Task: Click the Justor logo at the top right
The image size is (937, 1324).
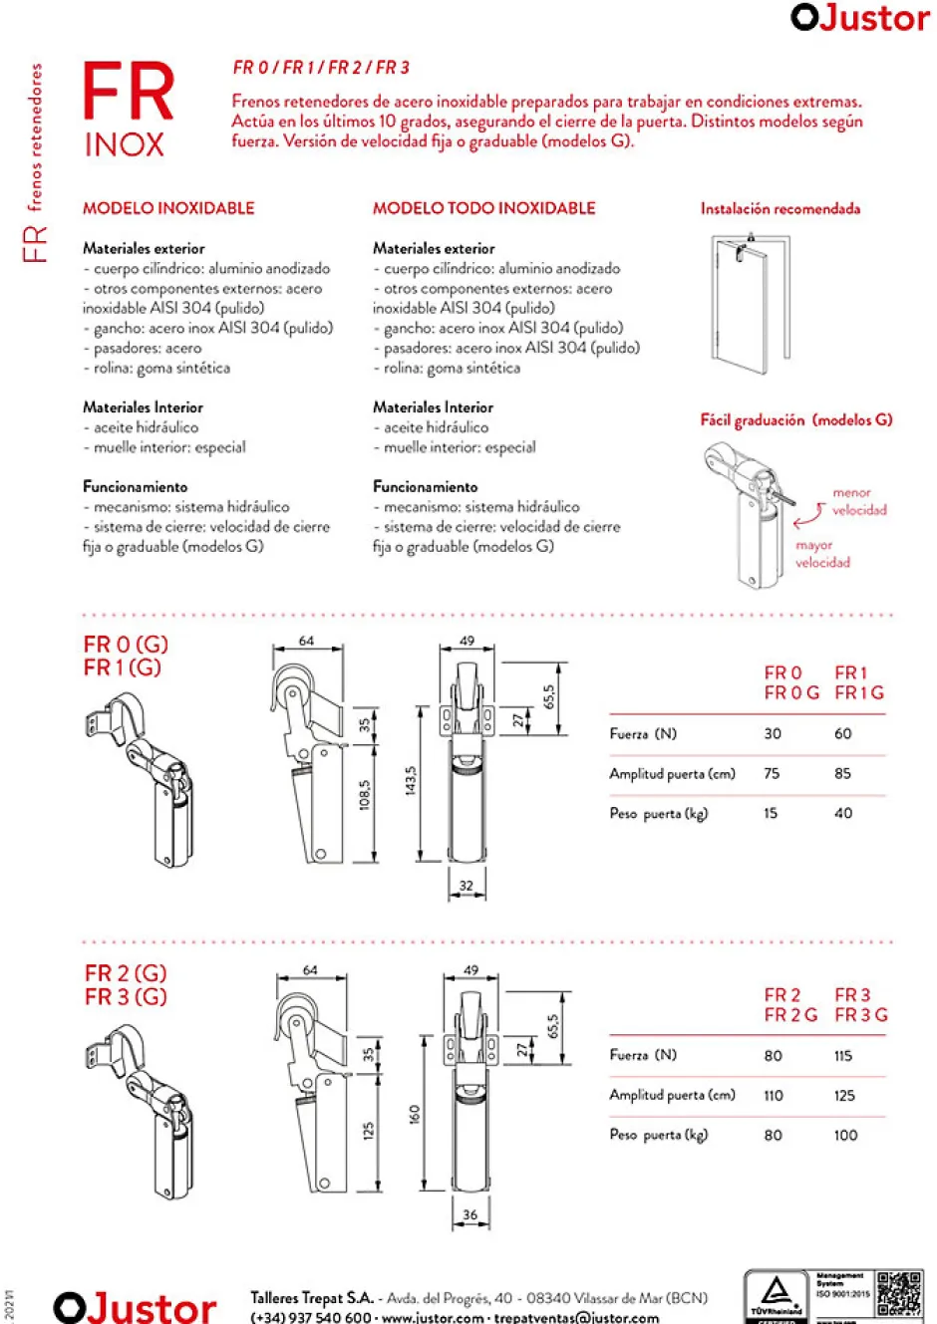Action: [x=859, y=18]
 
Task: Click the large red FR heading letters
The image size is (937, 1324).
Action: [x=128, y=92]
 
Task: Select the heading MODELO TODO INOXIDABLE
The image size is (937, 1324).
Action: [x=483, y=208]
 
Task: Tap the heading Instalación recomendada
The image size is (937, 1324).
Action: [x=780, y=208]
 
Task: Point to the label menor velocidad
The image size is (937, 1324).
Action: [x=858, y=501]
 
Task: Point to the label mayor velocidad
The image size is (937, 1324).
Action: [x=822, y=554]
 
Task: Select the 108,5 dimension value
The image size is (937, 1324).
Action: [x=365, y=794]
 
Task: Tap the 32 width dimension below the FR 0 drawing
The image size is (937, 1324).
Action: [x=467, y=885]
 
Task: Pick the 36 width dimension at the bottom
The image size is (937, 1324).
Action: [x=470, y=1214]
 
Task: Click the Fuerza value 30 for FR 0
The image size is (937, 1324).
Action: [x=773, y=734]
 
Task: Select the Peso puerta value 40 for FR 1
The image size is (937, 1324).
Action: [x=843, y=814]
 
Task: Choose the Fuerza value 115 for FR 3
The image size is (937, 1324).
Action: [x=843, y=1056]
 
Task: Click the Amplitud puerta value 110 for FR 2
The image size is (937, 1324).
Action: [x=774, y=1096]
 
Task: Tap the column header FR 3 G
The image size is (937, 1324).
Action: [x=860, y=1015]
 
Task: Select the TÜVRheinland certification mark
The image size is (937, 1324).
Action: [x=777, y=1296]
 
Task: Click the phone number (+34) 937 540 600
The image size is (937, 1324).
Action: [x=310, y=1317]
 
